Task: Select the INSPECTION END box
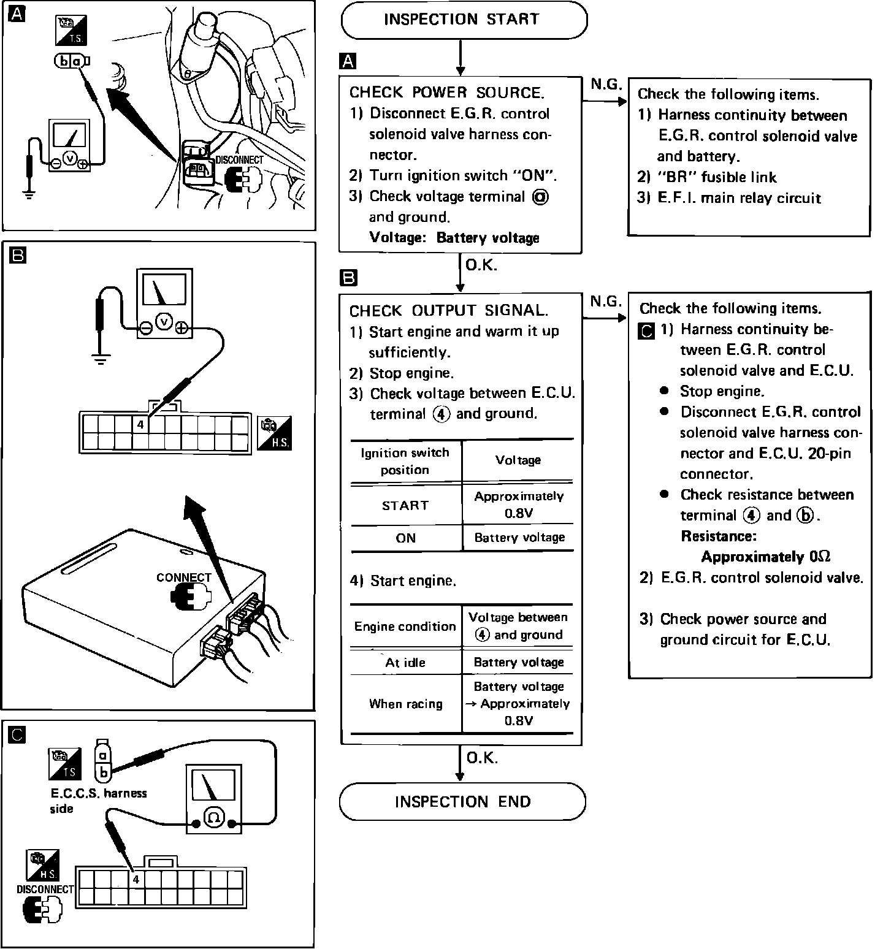pos(462,801)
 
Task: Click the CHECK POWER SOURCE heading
pos(446,93)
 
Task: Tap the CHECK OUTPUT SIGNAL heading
pos(448,311)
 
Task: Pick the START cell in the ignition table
pos(405,505)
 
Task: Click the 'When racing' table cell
pos(405,704)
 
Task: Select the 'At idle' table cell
pos(405,662)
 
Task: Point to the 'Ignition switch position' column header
pos(405,461)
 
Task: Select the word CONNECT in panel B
pos(183,577)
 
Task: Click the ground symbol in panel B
pos(101,357)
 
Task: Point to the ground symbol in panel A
pos(29,195)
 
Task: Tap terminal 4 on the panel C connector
pos(136,880)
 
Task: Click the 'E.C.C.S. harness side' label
pos(98,801)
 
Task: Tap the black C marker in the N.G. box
pos(646,330)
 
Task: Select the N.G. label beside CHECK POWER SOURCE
pos(606,85)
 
